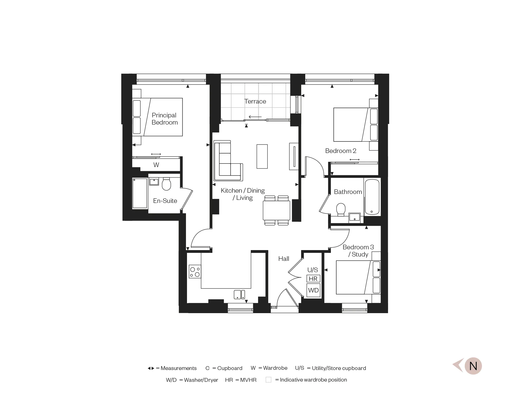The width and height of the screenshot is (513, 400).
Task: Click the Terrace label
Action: coord(255,101)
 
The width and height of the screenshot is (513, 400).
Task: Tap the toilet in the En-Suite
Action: coord(166,184)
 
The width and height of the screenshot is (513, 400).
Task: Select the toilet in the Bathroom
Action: coord(341,209)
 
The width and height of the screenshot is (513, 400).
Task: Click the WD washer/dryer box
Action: coord(313,290)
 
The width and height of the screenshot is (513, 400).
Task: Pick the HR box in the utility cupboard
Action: coord(313,279)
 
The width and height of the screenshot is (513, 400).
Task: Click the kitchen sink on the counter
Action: coord(239,294)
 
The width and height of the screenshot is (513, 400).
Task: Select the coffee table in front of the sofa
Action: coord(262,156)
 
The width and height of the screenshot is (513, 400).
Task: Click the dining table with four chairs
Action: coord(276,210)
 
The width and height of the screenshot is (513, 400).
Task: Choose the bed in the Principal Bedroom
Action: coord(157,117)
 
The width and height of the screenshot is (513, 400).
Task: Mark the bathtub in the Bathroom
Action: coord(372,197)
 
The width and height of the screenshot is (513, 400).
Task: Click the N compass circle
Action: coord(473,366)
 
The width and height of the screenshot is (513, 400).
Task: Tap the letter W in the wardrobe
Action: coord(156,165)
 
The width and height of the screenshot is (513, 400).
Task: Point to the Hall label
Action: coord(284,259)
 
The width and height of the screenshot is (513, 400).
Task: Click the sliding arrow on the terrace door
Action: coord(255,117)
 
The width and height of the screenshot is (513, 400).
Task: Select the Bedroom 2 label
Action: coord(341,151)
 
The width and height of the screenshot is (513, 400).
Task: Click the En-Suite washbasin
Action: coord(154,181)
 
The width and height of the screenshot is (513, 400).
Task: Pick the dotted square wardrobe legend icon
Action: coord(268,380)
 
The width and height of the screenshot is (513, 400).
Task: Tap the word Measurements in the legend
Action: coord(179,368)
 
